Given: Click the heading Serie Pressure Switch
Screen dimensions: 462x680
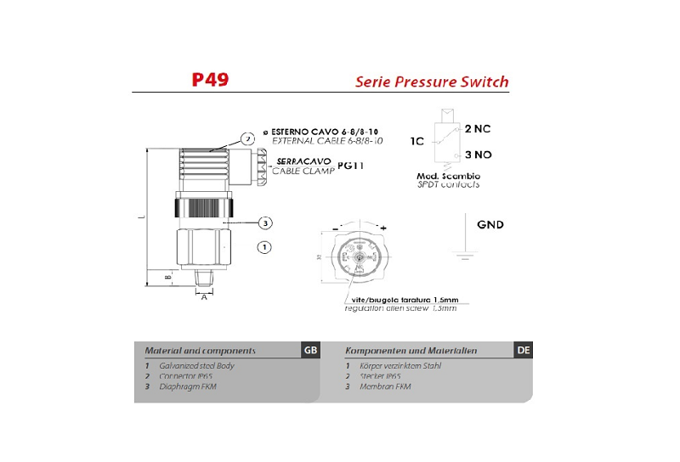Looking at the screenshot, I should (x=431, y=82).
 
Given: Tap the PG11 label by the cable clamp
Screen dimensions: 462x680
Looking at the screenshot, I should (x=350, y=166).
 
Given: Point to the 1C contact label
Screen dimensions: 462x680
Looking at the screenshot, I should (x=417, y=141).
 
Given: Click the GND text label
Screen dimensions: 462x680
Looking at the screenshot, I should (x=490, y=225).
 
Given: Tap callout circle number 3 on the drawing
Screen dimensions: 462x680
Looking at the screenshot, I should (x=265, y=223).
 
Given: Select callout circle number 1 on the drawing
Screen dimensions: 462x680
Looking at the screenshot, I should (x=264, y=247).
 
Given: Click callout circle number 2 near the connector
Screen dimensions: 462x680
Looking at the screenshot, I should (x=247, y=138).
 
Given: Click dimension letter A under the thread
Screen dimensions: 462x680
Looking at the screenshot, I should (x=204, y=297).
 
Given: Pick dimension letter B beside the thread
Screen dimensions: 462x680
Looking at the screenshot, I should (x=167, y=277).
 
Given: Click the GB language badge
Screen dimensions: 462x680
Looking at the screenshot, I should (x=309, y=350).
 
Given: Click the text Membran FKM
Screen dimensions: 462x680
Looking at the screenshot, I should (x=390, y=386).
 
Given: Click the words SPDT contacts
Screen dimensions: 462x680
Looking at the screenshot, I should (x=448, y=184).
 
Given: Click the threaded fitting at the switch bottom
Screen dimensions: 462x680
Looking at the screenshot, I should (x=204, y=277).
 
